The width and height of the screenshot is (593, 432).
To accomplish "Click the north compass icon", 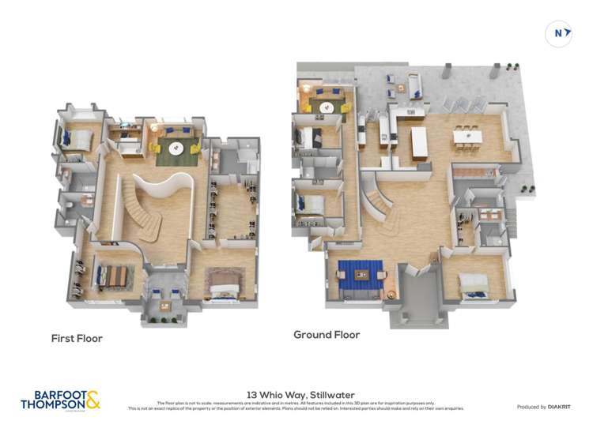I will coord(559,33).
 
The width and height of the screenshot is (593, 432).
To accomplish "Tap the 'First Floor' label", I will coord(77,338).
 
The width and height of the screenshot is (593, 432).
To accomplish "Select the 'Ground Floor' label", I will coord(327,335).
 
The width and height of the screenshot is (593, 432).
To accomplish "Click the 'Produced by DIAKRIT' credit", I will coord(544,407).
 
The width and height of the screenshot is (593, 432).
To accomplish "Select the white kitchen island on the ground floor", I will coord(418,141).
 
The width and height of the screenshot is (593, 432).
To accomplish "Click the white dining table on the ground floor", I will coord(467,137).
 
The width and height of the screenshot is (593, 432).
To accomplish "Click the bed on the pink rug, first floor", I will coord(225,282).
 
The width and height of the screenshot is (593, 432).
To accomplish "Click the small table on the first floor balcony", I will coord(165,306).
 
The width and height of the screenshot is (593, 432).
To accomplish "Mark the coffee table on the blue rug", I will coord(361,274).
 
